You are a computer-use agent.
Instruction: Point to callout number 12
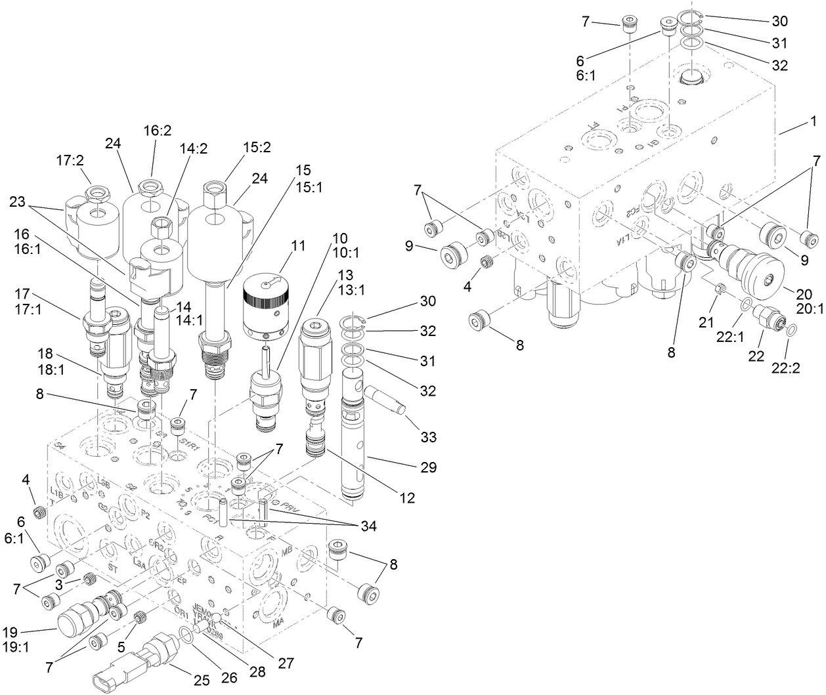click(407, 499)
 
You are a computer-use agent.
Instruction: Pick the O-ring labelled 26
click(186, 633)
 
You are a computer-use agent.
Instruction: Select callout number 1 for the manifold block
click(813, 121)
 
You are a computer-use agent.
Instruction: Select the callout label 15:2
click(238, 148)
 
